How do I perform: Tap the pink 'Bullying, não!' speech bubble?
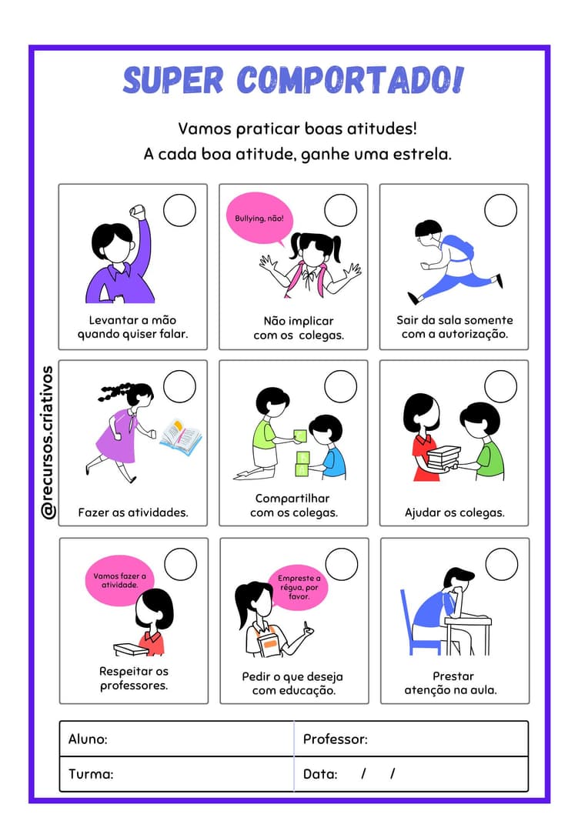[x=260, y=219]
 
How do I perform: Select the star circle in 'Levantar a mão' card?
[x=180, y=210]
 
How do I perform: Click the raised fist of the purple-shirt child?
[x=139, y=210]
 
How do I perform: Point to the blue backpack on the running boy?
[x=459, y=248]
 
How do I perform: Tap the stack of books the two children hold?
[x=444, y=456]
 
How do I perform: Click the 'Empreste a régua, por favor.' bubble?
[x=299, y=587]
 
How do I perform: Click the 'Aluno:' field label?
[x=88, y=739]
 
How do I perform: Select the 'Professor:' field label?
[x=335, y=739]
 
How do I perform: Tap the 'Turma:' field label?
[x=91, y=774]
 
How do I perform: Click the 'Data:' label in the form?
[x=320, y=774]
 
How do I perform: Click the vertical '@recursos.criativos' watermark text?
[x=48, y=442]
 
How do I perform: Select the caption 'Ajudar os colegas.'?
[x=454, y=512]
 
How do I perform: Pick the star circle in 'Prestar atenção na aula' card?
[x=502, y=564]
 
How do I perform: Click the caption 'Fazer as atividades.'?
[x=133, y=512]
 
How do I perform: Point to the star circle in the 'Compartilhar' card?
[x=340, y=386]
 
